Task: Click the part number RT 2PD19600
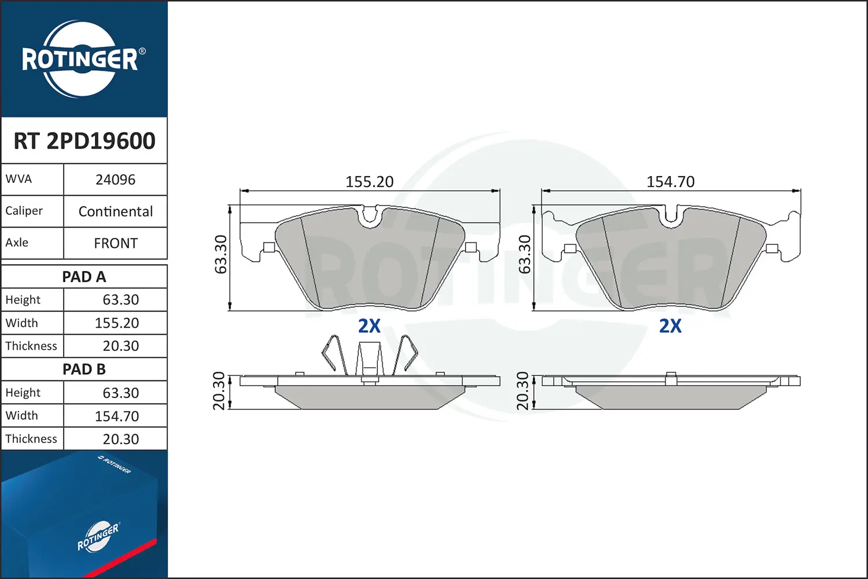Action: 84,141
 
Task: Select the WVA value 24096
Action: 116,179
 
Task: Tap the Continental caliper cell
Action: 116,211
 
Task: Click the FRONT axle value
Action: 116,243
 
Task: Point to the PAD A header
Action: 84,277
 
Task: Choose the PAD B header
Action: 84,369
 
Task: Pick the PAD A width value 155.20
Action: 117,323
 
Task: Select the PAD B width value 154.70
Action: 117,416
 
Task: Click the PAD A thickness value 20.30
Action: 120,346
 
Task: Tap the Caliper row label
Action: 24,211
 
